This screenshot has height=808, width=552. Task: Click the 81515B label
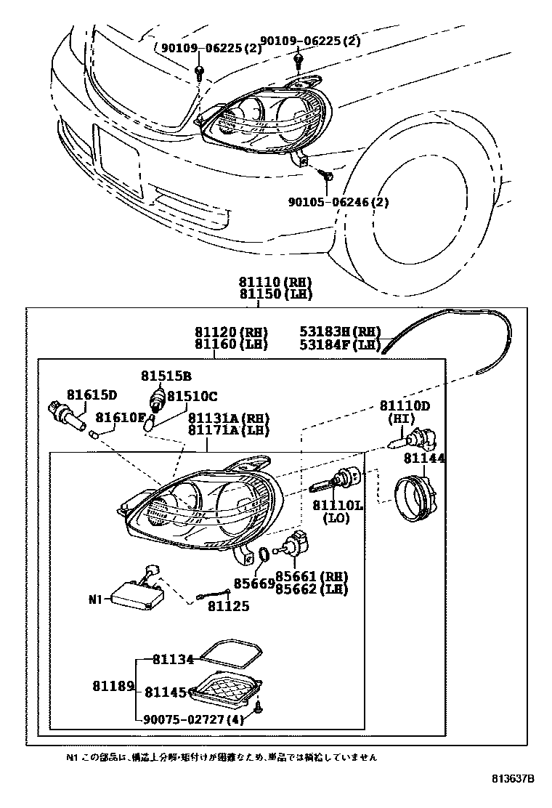(x=166, y=376)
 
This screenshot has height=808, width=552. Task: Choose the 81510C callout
(x=192, y=396)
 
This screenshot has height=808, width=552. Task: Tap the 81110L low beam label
(x=338, y=505)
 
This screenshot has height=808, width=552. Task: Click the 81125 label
(x=228, y=605)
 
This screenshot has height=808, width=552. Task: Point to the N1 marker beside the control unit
(x=97, y=600)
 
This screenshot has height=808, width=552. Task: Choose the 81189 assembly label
(x=113, y=686)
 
